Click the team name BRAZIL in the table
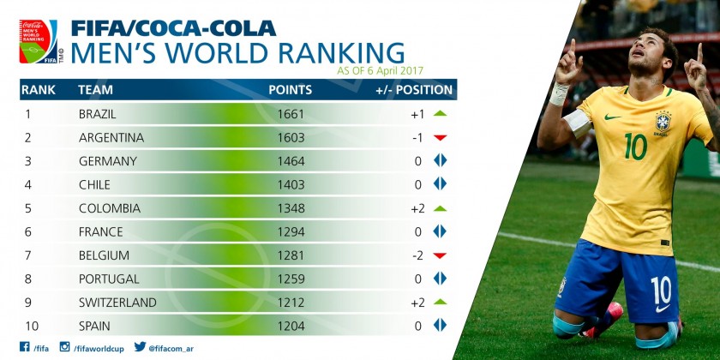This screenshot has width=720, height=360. pyautogui.click(x=97, y=114)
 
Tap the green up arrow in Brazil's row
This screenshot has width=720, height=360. pyautogui.click(x=441, y=113)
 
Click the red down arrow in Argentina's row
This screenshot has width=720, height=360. pyautogui.click(x=441, y=138)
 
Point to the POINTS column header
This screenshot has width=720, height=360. pyautogui.click(x=291, y=89)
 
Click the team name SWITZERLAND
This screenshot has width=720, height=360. pyautogui.click(x=117, y=303)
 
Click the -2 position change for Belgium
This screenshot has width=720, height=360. pyautogui.click(x=417, y=255)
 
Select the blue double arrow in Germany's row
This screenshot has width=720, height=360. pyautogui.click(x=441, y=161)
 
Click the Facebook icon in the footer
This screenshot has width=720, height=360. pyautogui.click(x=24, y=347)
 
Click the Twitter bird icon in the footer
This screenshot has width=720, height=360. pyautogui.click(x=140, y=347)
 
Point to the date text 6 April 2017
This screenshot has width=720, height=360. pyautogui.click(x=394, y=69)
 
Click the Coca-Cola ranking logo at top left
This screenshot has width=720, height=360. pyautogui.click(x=39, y=41)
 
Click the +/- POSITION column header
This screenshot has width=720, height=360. pyautogui.click(x=414, y=89)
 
